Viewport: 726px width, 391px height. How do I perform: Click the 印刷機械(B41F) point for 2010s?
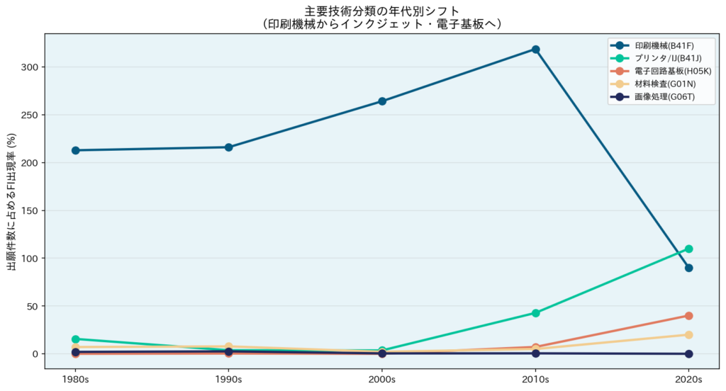click(x=535, y=50)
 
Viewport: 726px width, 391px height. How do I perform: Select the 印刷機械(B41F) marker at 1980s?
click(x=75, y=150)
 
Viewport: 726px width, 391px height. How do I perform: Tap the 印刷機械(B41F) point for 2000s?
click(x=382, y=101)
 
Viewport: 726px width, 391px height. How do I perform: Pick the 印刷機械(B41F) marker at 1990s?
click(x=228, y=147)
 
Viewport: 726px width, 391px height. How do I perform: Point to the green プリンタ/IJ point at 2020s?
click(x=688, y=249)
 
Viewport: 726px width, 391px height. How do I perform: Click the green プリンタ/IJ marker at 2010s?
click(x=535, y=313)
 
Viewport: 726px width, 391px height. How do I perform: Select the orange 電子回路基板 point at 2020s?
click(x=688, y=316)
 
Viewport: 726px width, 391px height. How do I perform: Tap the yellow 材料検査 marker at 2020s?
click(x=688, y=335)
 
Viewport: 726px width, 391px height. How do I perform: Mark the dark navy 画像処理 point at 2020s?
click(x=688, y=354)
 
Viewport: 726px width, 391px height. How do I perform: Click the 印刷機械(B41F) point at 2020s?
click(x=688, y=268)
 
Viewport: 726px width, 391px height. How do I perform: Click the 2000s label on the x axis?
click(x=382, y=379)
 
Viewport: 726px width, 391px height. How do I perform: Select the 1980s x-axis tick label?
click(x=75, y=379)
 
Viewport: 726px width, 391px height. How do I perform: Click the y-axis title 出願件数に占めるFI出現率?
click(x=11, y=201)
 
